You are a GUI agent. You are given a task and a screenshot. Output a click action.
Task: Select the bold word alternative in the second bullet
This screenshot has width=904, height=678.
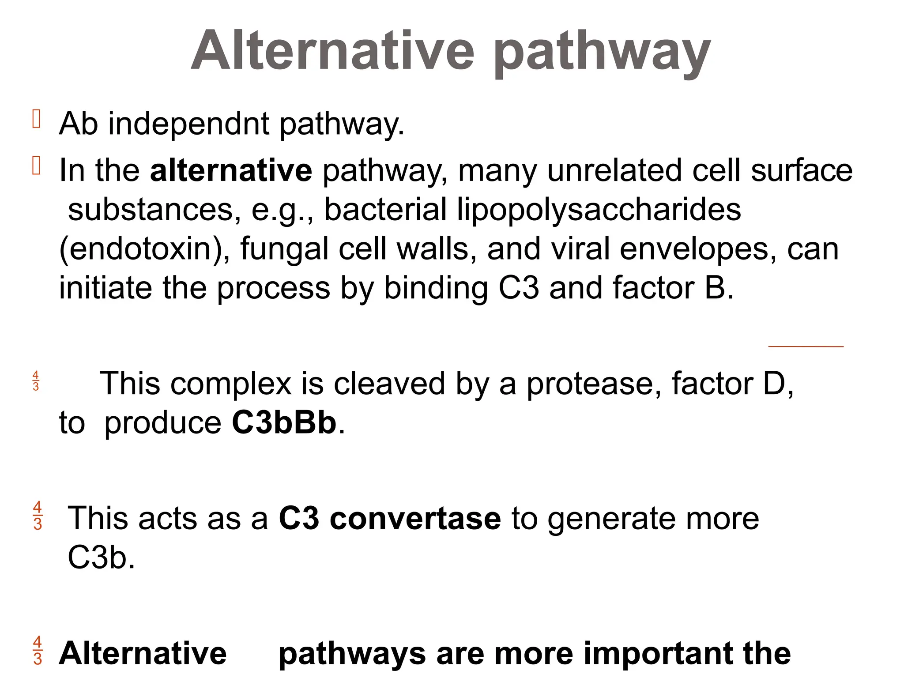(x=231, y=170)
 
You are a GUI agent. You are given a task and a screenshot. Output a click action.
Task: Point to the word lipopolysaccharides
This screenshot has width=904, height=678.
(x=599, y=210)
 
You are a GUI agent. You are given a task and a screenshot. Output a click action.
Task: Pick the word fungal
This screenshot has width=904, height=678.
(x=284, y=249)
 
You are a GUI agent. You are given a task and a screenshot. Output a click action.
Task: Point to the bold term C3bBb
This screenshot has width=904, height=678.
(x=284, y=422)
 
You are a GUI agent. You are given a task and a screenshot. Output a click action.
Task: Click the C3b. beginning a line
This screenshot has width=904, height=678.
(x=101, y=557)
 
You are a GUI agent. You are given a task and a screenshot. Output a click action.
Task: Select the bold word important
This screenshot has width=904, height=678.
(x=659, y=653)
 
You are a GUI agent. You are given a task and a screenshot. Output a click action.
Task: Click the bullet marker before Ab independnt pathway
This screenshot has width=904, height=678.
(x=37, y=119)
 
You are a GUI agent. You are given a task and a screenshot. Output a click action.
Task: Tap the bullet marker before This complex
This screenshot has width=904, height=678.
(x=36, y=381)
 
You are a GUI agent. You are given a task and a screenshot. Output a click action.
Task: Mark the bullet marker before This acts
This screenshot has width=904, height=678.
(x=38, y=515)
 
